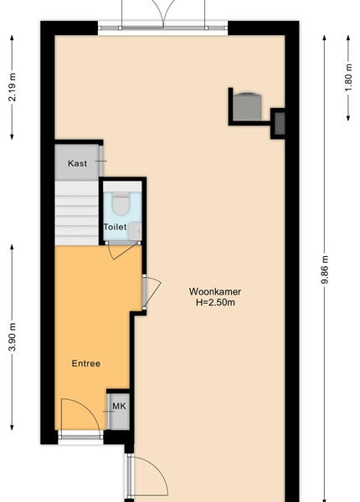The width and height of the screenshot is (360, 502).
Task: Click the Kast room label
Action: pyautogui.click(x=77, y=163)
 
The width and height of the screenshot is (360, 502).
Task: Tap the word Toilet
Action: pyautogui.click(x=115, y=227)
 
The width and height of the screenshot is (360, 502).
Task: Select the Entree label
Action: pyautogui.click(x=86, y=363)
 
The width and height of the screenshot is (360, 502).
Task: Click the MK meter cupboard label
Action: pyautogui.click(x=119, y=407)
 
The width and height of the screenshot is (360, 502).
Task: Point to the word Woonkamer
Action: pyautogui.click(x=215, y=292)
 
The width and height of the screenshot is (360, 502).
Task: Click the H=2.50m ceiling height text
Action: pyautogui.click(x=215, y=302)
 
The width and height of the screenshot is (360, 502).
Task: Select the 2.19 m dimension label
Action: pyautogui.click(x=13, y=87)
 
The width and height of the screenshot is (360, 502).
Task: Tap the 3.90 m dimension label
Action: pyautogui.click(x=13, y=337)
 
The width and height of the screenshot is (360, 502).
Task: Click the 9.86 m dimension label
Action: pyautogui.click(x=325, y=269)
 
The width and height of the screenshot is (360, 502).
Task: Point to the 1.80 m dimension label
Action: pyautogui.click(x=348, y=78)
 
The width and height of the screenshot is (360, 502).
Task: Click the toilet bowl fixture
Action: pyautogui.click(x=121, y=203)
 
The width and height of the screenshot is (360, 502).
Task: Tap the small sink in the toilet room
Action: pyautogui.click(x=135, y=231)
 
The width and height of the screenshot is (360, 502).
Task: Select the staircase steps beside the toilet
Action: pyautogui.click(x=76, y=213)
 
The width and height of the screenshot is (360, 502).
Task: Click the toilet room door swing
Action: pyautogui.click(x=123, y=250)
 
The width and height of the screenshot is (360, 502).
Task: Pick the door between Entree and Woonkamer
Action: pyautogui.click(x=152, y=291)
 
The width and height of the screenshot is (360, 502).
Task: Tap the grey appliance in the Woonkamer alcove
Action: pyautogui.click(x=247, y=106)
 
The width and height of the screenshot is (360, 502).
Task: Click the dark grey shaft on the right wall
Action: pyautogui.click(x=280, y=124)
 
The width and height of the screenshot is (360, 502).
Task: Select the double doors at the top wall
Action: pyautogui.click(x=163, y=14)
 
